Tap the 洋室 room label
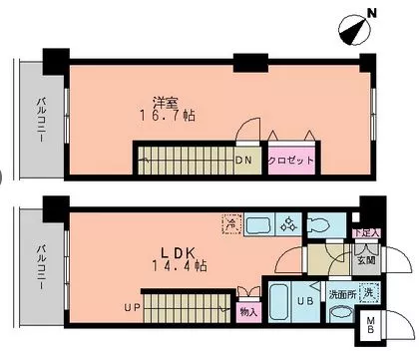point(165,102)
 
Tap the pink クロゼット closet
point(292,160)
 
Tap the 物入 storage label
point(249,311)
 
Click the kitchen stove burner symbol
point(286,224)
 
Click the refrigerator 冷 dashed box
point(230,224)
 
